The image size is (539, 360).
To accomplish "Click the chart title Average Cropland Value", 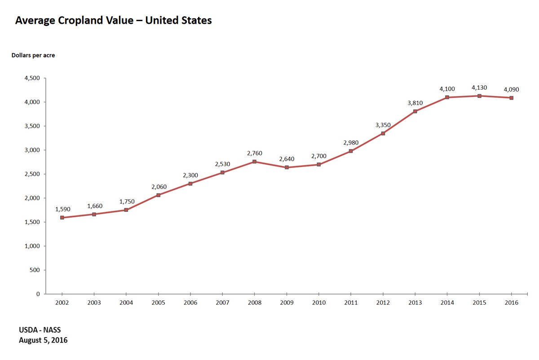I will tap(113, 21).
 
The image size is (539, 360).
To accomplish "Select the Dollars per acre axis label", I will tap(33, 55).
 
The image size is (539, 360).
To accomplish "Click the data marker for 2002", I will tap(62, 218).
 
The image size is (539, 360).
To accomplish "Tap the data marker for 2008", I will tap(254, 162).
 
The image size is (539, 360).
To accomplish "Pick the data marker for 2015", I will tap(479, 96).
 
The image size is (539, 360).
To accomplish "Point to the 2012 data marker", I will tap(383, 133).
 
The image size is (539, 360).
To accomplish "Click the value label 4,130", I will tap(479, 88).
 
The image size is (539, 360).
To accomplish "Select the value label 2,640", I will tap(287, 159).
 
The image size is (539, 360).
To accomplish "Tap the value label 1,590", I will tap(63, 209).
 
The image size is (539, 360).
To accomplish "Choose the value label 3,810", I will tap(415, 103).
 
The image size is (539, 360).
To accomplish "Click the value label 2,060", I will tap(159, 186).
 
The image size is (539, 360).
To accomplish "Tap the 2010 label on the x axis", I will tap(318, 303).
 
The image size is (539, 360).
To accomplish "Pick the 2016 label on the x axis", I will tap(511, 303).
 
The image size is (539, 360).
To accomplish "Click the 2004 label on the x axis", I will tap(126, 303).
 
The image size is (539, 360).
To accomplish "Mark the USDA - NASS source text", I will tap(40, 330).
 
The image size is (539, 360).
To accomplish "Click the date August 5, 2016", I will tap(43, 340).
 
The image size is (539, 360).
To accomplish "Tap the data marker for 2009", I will tap(287, 167).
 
